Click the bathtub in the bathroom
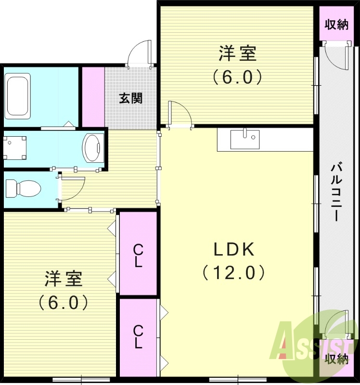(19, 96)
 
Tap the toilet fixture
(22, 188)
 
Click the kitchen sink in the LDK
(244, 139)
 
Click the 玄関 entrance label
(130, 99)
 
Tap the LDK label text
(233, 249)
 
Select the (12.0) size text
(233, 273)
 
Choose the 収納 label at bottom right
(336, 359)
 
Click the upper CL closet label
(138, 256)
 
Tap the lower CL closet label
(138, 337)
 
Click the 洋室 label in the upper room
(237, 53)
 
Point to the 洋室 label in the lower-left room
(64, 279)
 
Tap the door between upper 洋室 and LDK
(180, 115)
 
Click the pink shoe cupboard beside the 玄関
(93, 97)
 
